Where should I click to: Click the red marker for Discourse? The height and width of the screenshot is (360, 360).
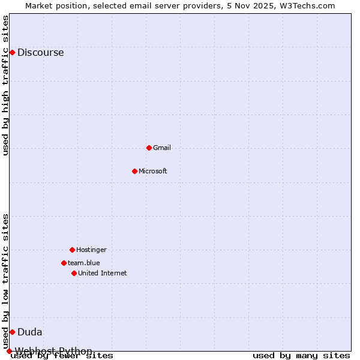12,52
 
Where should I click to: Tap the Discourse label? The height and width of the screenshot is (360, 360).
40,52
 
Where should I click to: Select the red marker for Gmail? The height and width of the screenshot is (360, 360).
149,148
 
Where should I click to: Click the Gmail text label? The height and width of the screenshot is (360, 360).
162,148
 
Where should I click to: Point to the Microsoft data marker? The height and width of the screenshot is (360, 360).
134,171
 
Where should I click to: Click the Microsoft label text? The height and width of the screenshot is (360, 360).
152,171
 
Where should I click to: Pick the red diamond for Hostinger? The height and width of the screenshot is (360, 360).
72,250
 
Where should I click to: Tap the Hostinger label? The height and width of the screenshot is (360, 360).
91,250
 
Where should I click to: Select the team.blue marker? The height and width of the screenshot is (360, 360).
64,263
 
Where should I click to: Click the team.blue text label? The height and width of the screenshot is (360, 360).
83,263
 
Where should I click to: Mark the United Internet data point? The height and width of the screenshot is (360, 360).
74,273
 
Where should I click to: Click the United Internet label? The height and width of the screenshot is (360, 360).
102,273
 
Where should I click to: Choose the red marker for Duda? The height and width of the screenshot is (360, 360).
12,332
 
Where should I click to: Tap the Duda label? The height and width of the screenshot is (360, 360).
29,332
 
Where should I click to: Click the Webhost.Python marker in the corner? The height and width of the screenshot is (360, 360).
9,351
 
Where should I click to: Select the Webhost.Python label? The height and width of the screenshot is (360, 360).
53,351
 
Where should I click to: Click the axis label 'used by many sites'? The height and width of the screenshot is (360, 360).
301,355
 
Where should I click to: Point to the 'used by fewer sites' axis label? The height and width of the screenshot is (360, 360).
62,355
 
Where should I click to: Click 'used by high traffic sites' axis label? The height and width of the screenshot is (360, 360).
6,85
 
